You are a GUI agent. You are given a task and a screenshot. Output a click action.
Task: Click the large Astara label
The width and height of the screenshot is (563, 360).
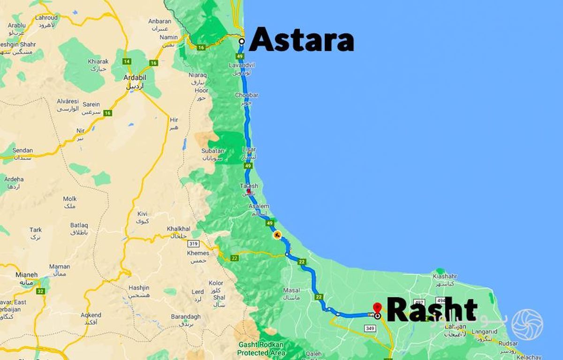click(x=301, y=40)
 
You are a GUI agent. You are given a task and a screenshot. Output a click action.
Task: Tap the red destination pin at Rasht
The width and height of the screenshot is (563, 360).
click(x=377, y=308)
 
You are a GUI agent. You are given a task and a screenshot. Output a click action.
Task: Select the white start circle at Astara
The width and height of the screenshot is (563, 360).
click(x=242, y=41)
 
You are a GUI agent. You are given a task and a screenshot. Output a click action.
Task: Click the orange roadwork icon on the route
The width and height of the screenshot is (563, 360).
click(x=277, y=235)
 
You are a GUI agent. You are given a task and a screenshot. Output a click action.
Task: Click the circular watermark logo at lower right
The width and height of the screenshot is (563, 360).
click(x=527, y=324)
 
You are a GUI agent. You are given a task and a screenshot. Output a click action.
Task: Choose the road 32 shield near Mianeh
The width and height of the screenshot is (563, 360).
click(x=41, y=291)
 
